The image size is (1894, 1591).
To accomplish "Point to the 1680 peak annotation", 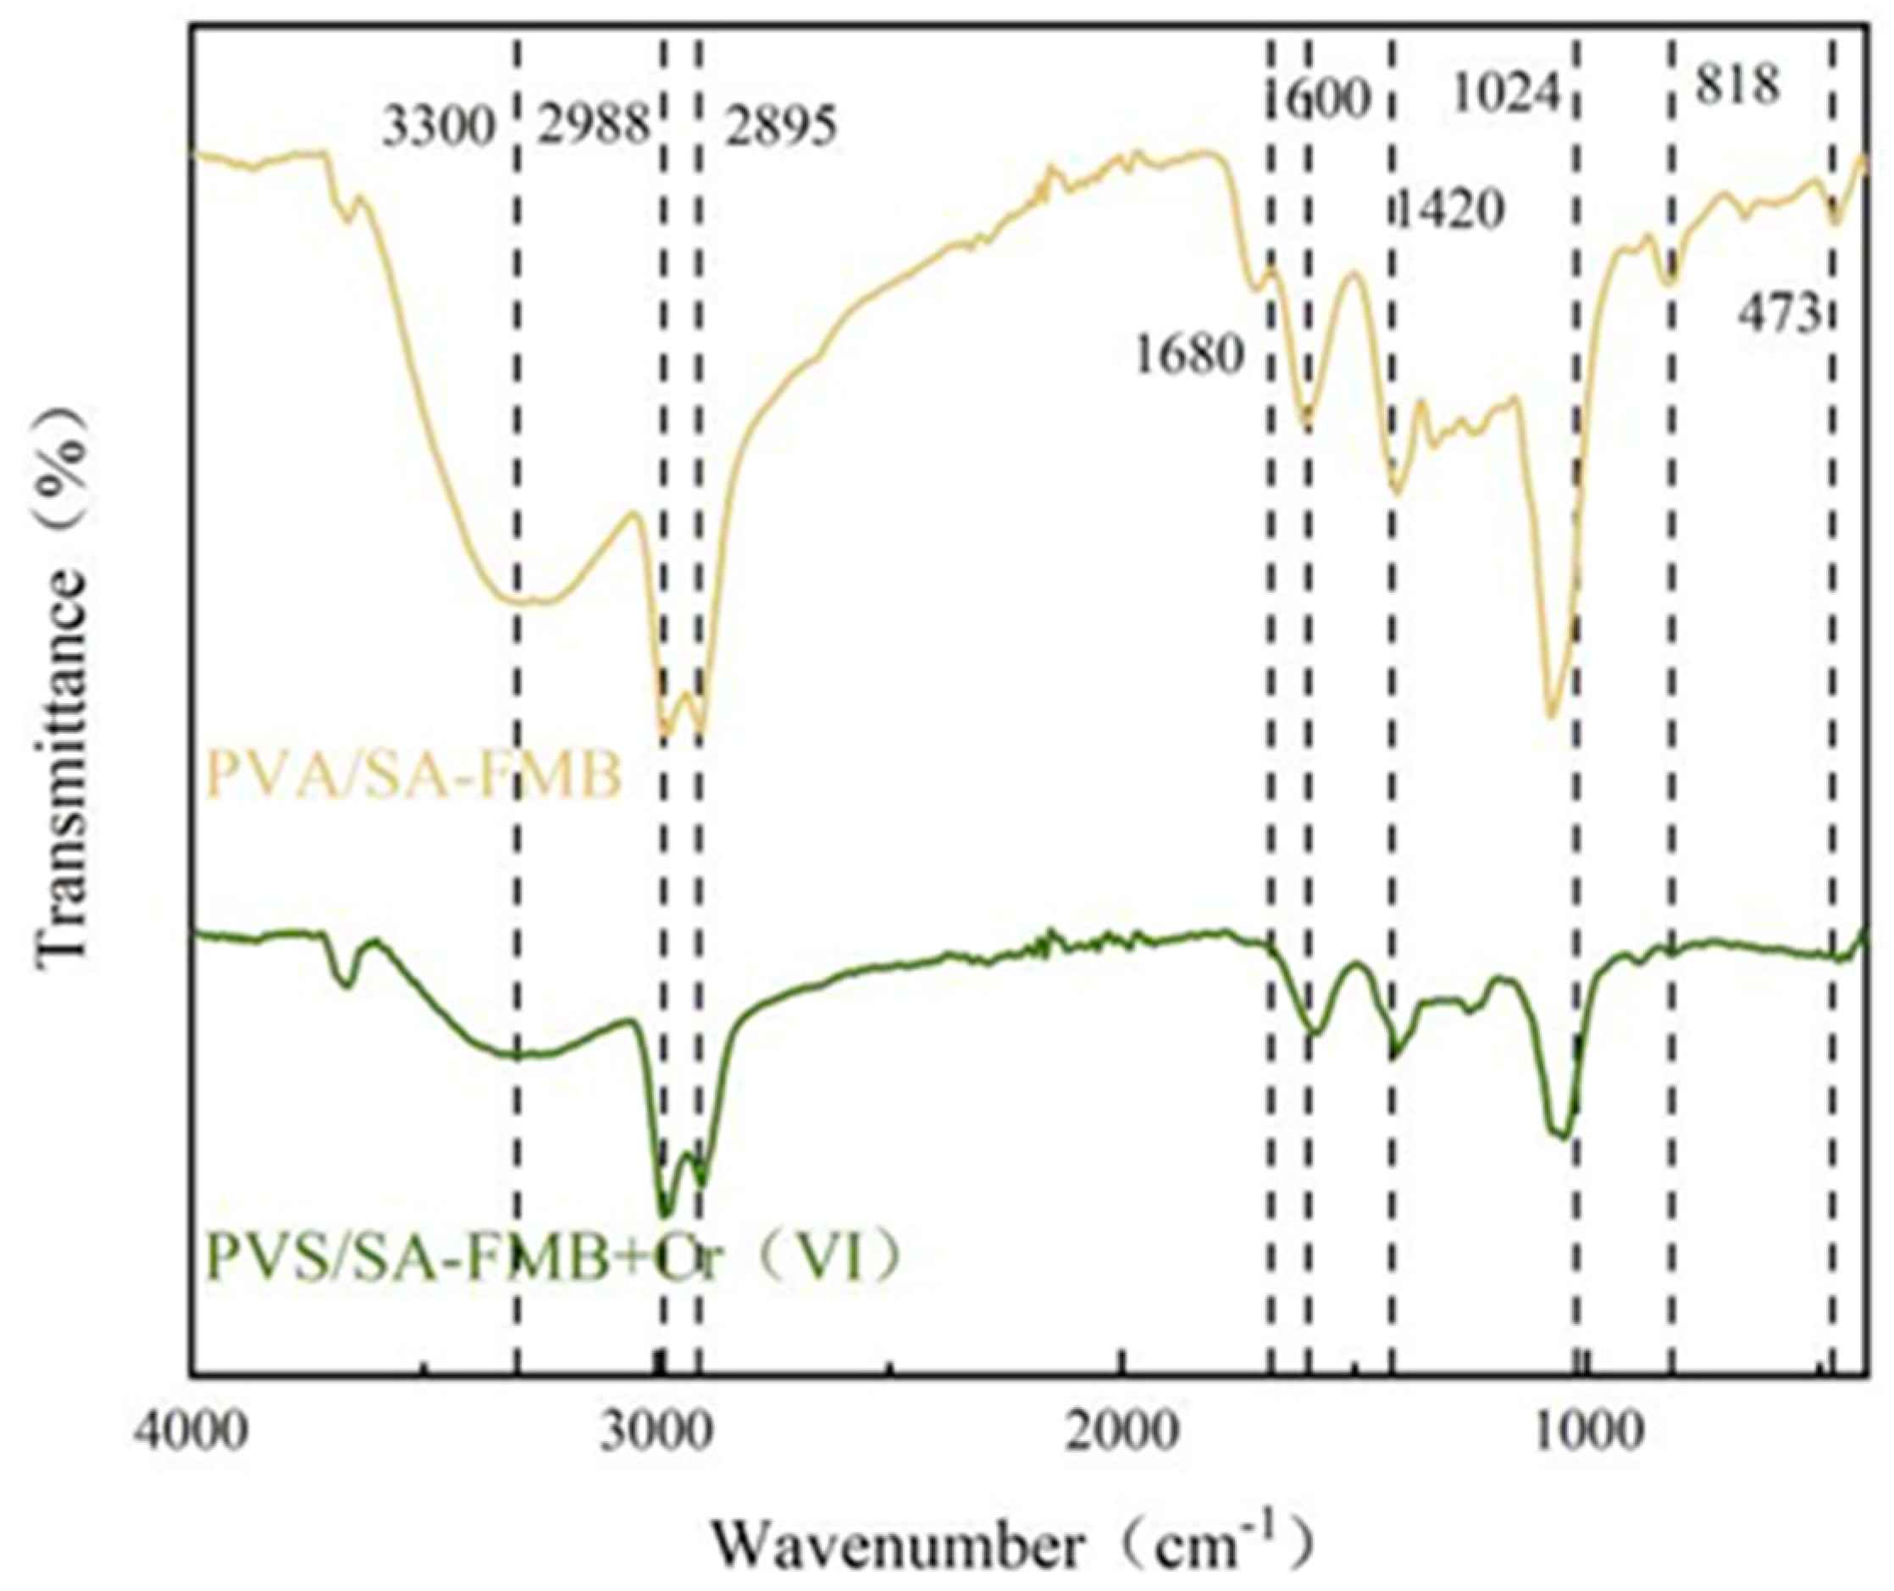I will pos(1188,358).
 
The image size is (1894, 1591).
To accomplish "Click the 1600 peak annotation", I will pos(1320,98).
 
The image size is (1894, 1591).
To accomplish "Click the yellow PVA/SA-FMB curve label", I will pos(414,778).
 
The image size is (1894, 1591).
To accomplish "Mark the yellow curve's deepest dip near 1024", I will pos(1551,716).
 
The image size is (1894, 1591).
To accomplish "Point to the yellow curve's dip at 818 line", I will pos(1670,284).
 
